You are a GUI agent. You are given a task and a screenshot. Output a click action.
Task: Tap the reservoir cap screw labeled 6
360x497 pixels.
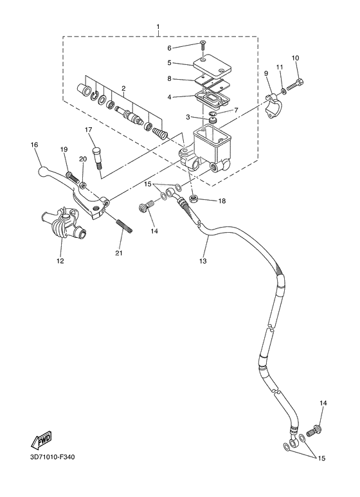[203, 46]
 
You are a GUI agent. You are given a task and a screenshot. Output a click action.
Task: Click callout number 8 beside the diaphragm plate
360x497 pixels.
[170, 78]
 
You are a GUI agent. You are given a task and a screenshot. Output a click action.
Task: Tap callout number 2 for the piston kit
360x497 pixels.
[122, 88]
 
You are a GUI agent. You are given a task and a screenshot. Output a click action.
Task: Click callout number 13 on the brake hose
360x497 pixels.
[203, 262]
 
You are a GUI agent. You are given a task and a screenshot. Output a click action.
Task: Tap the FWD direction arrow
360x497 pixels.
[41, 442]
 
